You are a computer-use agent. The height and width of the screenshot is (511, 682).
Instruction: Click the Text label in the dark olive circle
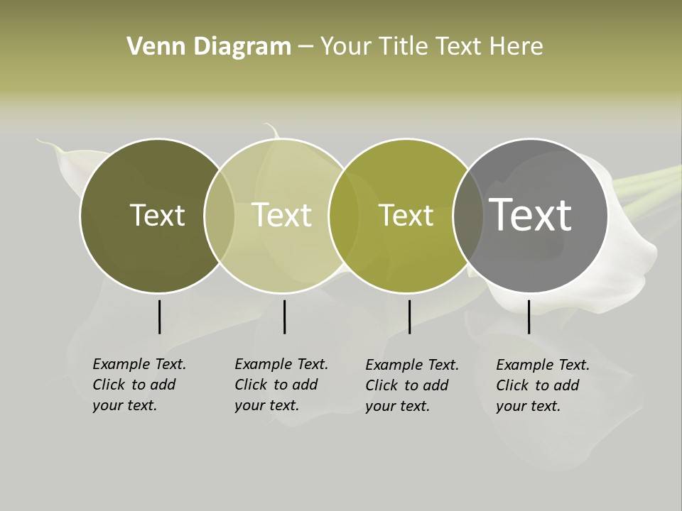click(157, 215)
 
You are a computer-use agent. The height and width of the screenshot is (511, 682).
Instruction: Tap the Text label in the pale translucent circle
click(281, 215)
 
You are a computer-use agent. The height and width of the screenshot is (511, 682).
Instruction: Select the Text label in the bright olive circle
click(406, 215)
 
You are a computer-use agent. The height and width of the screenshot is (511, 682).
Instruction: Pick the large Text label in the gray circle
click(530, 215)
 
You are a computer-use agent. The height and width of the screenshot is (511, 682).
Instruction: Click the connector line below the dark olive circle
click(159, 317)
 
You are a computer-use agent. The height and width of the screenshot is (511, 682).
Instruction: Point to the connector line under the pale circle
click(284, 317)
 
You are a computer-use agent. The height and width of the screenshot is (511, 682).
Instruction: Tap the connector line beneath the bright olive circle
click(409, 317)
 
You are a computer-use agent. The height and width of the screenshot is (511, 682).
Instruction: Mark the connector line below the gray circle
click(529, 317)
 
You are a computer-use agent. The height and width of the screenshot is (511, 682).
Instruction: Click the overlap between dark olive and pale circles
click(220, 216)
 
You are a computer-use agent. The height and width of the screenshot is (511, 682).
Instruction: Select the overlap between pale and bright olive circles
click(344, 216)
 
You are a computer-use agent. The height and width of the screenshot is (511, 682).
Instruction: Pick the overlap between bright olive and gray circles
click(468, 216)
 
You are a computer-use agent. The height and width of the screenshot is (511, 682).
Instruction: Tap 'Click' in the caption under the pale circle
click(250, 385)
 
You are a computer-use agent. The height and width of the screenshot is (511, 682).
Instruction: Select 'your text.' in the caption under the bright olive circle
click(398, 406)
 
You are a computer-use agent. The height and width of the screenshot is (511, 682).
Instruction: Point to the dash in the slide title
click(305, 47)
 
